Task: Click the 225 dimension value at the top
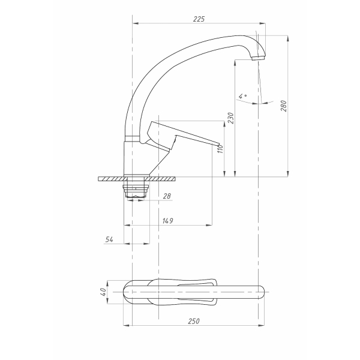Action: click(x=199, y=19)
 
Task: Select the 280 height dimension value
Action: click(x=284, y=106)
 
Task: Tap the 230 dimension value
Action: click(x=231, y=118)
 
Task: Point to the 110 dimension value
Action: click(x=220, y=149)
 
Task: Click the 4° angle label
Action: click(x=242, y=96)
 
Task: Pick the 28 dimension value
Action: click(x=167, y=196)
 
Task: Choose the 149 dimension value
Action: click(x=167, y=221)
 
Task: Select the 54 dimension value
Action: click(x=109, y=239)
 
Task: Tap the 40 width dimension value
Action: click(x=103, y=292)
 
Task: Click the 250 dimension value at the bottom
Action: click(x=194, y=321)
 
